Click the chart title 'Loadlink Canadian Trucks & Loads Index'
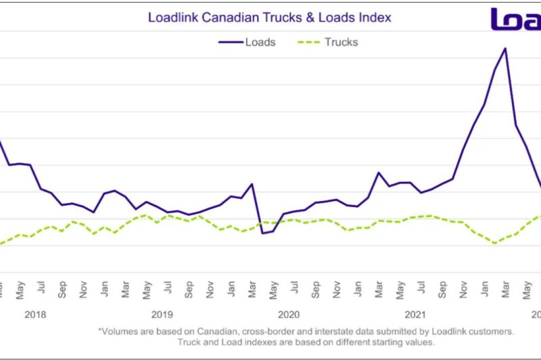coord(269,16)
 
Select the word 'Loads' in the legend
coord(260,42)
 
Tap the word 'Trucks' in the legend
coord(341,42)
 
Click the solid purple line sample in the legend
coord(230,42)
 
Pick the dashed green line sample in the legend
coord(308,42)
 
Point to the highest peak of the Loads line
coord(504,48)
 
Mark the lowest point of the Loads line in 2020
coord(262,233)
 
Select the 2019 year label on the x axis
coord(162,314)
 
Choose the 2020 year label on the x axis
coord(288,314)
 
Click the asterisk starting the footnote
coord(100,330)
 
